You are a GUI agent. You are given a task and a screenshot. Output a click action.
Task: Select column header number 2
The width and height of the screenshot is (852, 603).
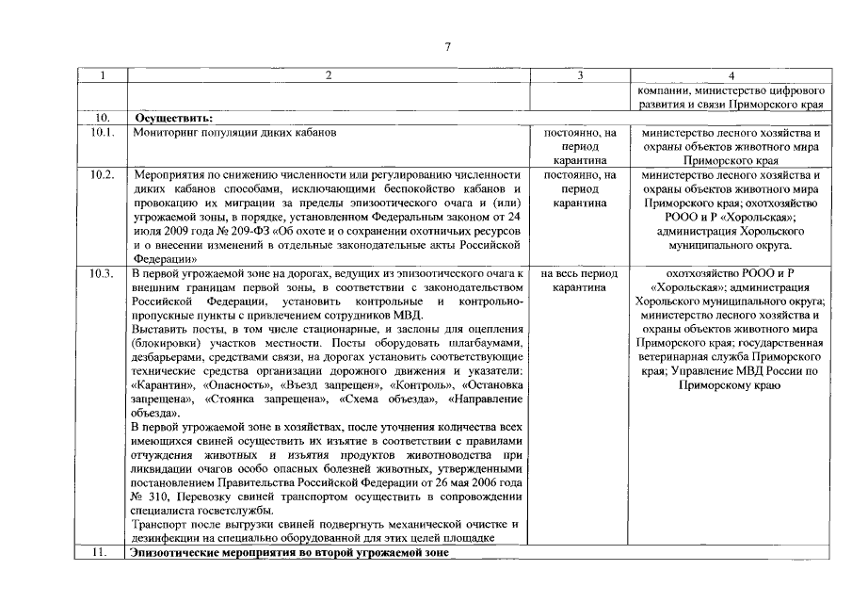coord(329,76)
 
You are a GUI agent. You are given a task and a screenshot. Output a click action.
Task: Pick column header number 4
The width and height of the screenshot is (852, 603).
coord(731,76)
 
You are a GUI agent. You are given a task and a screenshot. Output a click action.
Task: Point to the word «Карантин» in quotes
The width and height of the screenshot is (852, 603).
coord(158,385)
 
